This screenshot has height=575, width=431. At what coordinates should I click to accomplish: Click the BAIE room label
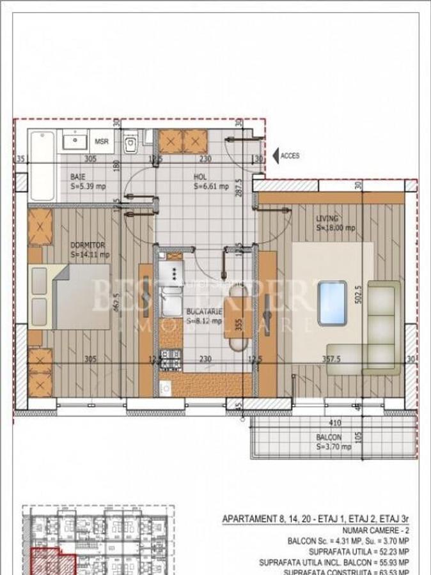77,176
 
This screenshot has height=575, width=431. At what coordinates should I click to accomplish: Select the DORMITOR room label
88,245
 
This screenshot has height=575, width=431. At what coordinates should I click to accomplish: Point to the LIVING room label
327,218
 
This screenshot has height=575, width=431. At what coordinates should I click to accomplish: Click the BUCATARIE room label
204,311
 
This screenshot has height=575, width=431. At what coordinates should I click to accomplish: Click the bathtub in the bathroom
43,165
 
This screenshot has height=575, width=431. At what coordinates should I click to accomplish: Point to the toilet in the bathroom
130,144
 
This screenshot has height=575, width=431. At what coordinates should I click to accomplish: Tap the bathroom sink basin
75,140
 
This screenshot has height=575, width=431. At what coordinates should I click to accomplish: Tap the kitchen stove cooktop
171,274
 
